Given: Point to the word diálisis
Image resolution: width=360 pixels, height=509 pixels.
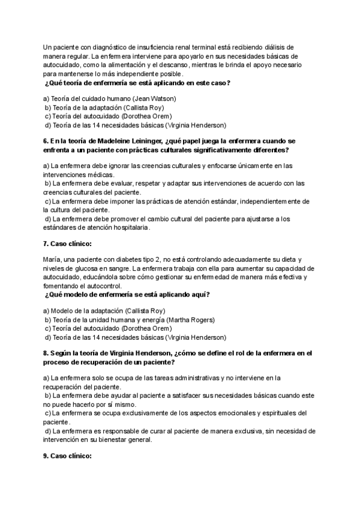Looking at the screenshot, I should (x=282, y=47).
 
